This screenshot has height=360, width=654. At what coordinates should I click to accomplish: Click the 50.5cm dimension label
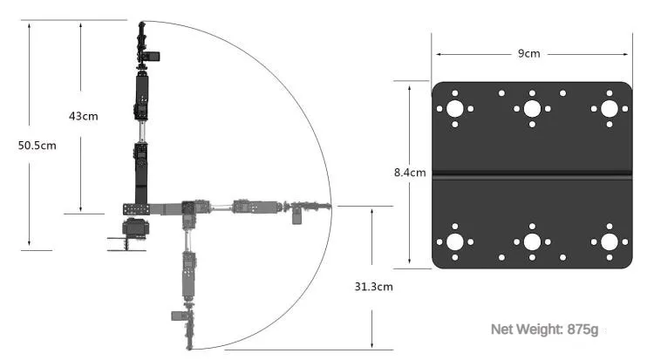pos(37,146)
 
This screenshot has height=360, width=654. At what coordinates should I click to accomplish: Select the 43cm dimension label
pos(84,116)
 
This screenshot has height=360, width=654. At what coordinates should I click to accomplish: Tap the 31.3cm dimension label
pos(373,286)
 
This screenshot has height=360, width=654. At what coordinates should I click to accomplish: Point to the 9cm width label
pos(529,53)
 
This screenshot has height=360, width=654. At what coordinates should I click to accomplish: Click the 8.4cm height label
pos(410,173)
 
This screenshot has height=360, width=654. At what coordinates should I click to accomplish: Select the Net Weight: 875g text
pos(544,329)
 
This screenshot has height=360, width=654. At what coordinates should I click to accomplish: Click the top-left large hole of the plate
pos(455,110)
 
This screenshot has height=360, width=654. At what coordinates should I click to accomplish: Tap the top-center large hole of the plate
pos(532,110)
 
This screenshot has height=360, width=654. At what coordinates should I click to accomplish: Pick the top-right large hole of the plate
pos(609,110)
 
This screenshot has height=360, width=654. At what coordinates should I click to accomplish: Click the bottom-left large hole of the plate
pos(455,241)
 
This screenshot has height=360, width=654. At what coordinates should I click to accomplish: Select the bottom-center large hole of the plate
pos(532,241)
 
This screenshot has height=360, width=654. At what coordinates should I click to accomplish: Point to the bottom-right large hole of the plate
pos(609,241)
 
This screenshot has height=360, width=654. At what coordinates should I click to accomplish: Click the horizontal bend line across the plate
pos(532,175)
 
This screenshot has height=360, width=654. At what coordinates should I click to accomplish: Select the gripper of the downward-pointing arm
pos(189,327)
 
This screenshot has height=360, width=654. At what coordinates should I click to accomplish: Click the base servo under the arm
pos(135,230)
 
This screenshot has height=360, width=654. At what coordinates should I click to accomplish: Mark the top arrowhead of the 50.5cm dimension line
pos(31,24)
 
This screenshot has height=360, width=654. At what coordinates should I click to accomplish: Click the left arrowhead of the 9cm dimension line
pos(435,53)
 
